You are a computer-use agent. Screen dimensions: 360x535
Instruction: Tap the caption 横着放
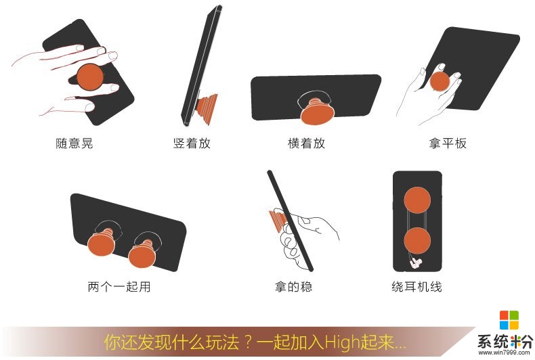point(307,143)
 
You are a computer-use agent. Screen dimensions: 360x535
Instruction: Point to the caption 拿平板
point(448,143)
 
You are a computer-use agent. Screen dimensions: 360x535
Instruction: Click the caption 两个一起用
point(119,286)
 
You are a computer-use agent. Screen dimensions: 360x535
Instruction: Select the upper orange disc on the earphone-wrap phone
point(417,200)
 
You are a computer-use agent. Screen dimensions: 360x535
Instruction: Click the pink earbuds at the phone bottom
point(416,262)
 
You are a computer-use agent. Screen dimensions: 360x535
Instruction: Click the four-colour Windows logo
point(509,321)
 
